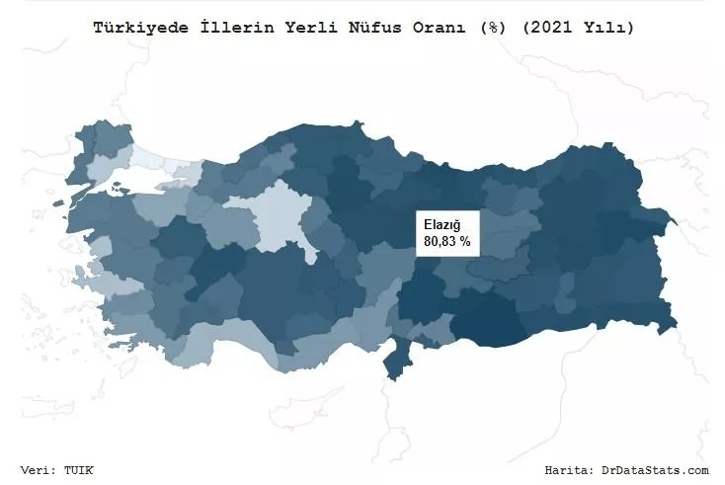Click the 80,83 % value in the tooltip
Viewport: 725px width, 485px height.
[446, 241]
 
